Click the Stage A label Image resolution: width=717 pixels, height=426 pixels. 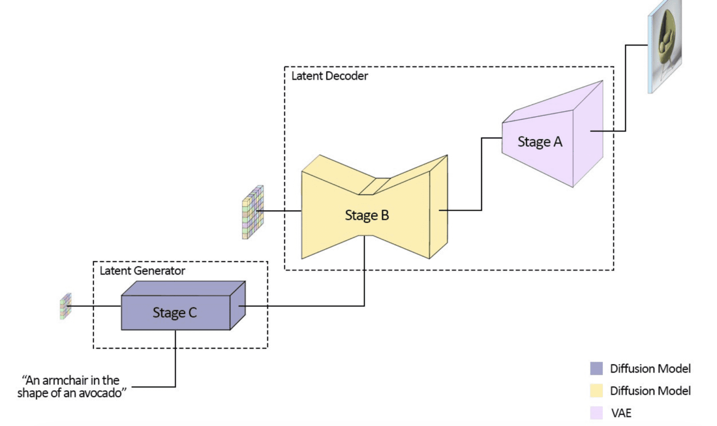[x=540, y=141]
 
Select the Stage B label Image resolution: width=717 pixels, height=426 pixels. [x=367, y=215]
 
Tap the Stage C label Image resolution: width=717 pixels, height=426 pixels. [x=175, y=313]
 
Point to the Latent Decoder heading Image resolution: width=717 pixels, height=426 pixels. [x=330, y=76]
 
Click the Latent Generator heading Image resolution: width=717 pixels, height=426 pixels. [x=143, y=271]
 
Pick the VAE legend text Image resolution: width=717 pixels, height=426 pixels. [x=621, y=413]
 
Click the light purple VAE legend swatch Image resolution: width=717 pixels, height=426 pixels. [x=596, y=413]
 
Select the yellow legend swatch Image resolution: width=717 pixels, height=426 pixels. [x=596, y=391]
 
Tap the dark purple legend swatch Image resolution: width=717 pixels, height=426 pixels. [x=596, y=368]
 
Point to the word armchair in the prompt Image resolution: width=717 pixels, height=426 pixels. [x=65, y=381]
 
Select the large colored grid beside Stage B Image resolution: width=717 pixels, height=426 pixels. [x=253, y=212]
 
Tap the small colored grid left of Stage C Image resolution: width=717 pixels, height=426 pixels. [x=66, y=306]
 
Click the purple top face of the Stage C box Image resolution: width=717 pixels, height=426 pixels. [x=183, y=288]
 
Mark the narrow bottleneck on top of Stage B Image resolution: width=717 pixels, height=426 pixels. [x=375, y=186]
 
